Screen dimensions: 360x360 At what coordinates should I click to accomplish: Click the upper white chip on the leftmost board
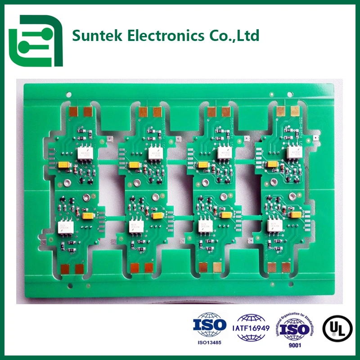84,153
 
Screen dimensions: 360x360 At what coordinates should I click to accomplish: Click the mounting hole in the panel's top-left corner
68,95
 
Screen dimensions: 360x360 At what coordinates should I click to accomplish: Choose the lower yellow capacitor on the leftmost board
87,216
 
